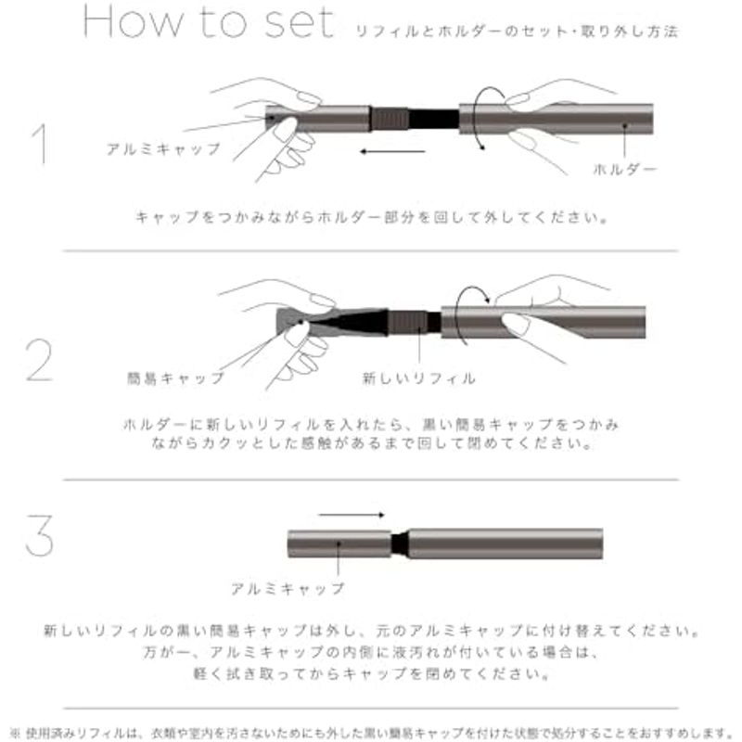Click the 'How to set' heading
[209, 22]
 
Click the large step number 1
[41, 144]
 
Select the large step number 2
[39, 360]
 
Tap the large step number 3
[39, 535]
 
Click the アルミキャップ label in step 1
[164, 149]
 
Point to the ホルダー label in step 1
[624, 170]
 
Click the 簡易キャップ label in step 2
[175, 378]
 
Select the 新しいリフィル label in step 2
[419, 378]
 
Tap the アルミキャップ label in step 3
[288, 589]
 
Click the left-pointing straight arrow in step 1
[392, 151]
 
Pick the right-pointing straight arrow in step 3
[352, 515]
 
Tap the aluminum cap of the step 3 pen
[339, 544]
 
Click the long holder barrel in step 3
[505, 544]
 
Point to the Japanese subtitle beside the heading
[517, 32]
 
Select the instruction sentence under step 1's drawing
[372, 218]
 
